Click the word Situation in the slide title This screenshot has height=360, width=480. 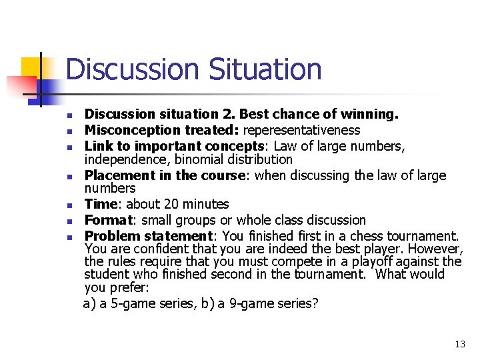(265, 69)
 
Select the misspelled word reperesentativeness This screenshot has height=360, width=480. (302, 130)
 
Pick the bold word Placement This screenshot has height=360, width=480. (115, 175)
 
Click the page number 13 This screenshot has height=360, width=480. (460, 344)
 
